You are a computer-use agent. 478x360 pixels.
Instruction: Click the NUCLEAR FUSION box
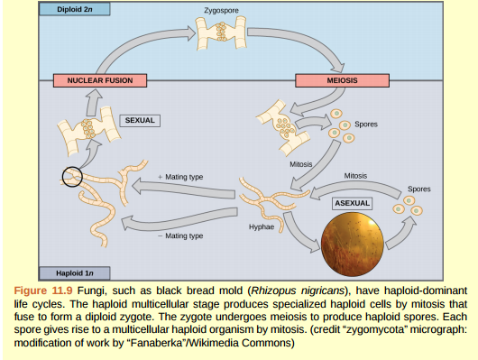pyautogui.click(x=99, y=80)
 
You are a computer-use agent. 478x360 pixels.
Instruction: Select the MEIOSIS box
pyautogui.click(x=342, y=80)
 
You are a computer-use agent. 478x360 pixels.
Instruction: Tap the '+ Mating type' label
pyautogui.click(x=180, y=176)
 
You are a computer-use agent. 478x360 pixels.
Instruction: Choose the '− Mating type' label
pyautogui.click(x=179, y=235)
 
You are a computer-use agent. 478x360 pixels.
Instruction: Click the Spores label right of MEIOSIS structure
pyautogui.click(x=365, y=124)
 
